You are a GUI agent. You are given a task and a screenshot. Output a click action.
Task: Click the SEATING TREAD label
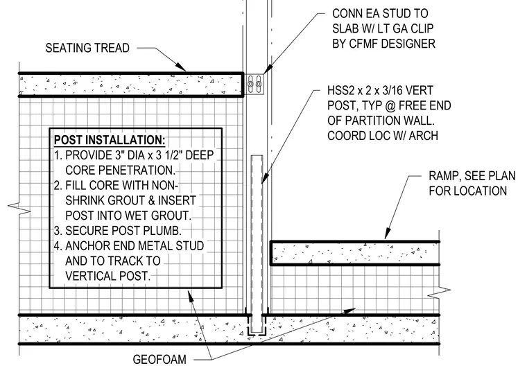[x=87, y=48]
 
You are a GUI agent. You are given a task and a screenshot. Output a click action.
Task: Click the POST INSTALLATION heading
[x=110, y=140]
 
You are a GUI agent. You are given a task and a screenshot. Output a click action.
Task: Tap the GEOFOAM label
[x=159, y=360]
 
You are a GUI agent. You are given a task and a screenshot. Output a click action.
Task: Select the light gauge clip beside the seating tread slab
[x=254, y=84]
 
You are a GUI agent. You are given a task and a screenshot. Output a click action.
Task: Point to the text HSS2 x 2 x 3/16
[x=380, y=90]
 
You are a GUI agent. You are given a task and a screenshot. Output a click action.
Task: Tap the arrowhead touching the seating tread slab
[x=180, y=67]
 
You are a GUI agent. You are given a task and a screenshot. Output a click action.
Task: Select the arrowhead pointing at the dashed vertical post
[x=264, y=178]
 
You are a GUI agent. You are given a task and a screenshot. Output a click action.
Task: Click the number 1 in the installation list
[x=57, y=155]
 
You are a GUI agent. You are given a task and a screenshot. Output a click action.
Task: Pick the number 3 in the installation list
[x=57, y=231]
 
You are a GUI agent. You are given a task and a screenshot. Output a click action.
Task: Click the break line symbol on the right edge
[x=439, y=293]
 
